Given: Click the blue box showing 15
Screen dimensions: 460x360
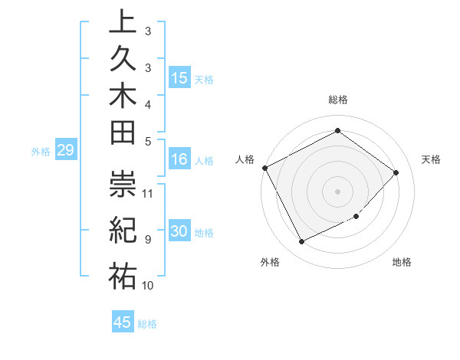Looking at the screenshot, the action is [179, 77].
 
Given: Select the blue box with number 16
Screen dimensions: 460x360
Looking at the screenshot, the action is [179, 160].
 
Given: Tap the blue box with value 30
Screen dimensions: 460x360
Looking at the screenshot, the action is [179, 232].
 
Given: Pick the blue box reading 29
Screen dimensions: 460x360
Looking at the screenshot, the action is [65, 150].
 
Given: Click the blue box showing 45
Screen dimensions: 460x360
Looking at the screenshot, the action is [123, 322].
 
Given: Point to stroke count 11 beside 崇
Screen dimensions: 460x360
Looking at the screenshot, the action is [148, 192].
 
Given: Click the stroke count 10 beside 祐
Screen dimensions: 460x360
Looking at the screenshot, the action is [148, 285].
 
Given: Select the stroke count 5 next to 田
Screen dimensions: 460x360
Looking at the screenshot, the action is [147, 140].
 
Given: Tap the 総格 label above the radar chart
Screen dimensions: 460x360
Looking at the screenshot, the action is [338, 100].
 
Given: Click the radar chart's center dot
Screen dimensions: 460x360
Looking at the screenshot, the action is [337, 191].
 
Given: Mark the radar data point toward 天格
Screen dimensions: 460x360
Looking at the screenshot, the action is [396, 172].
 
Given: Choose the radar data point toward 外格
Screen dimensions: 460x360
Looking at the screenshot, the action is [301, 242].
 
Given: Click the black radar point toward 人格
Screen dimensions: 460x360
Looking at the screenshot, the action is [264, 168].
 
